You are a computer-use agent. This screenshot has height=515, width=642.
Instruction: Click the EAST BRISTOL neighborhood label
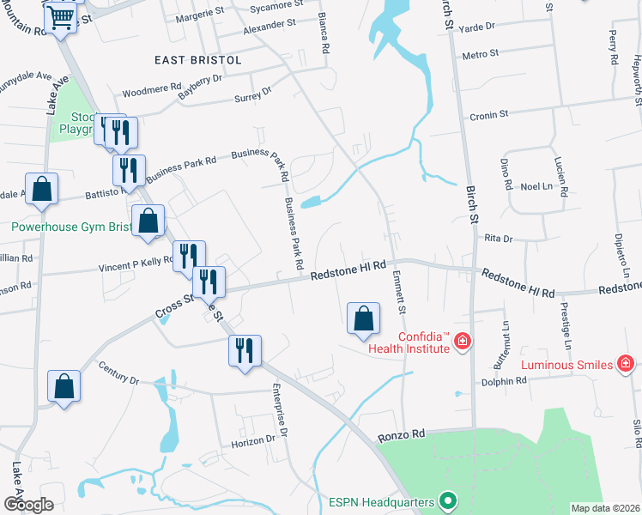[197, 60]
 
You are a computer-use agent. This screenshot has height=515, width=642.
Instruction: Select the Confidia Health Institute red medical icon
[463, 342]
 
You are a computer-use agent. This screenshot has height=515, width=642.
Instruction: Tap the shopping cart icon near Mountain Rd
[61, 16]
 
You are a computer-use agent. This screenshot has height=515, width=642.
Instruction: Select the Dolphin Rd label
[504, 381]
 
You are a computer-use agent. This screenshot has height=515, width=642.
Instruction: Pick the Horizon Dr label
[252, 439]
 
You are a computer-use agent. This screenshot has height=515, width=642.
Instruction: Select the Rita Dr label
[498, 238]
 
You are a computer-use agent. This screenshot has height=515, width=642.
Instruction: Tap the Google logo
[28, 505]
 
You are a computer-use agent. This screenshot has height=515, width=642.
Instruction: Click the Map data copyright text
[606, 507]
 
